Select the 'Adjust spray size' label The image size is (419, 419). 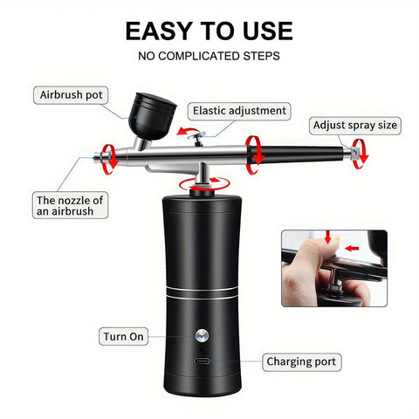coord(355,125)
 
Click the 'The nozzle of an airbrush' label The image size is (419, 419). coord(70,205)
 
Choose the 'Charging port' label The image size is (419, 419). coord(301,361)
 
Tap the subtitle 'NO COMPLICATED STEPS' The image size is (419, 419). coord(209,57)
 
